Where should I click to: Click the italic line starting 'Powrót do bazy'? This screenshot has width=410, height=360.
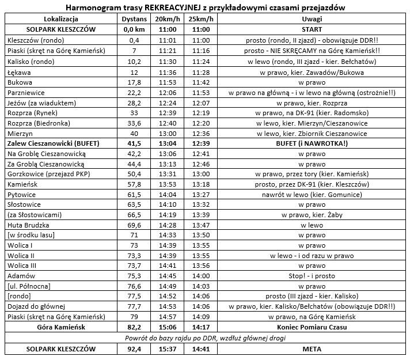[205, 338]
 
